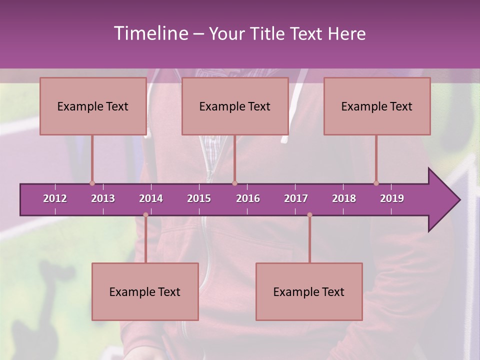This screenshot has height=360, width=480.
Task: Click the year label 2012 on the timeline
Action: tap(55, 198)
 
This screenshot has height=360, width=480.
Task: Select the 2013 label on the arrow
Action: tap(103, 198)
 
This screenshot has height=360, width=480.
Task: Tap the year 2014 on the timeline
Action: tap(151, 198)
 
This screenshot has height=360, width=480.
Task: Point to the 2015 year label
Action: tap(199, 198)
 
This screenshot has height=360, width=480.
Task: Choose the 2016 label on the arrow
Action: tap(248, 198)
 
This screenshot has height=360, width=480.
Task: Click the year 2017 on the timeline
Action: tap(296, 198)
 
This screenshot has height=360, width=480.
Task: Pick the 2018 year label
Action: tap(344, 198)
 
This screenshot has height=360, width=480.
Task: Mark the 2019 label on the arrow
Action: tap(392, 198)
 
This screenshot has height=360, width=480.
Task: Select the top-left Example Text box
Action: tap(93, 106)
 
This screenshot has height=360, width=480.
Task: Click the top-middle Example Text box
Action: tap(235, 106)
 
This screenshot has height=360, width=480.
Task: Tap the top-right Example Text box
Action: tap(377, 106)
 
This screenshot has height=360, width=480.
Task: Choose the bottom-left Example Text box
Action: tap(145, 292)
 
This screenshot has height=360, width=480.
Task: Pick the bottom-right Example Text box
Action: tap(309, 292)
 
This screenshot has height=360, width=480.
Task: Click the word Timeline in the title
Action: tap(150, 33)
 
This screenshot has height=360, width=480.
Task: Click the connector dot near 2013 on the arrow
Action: tap(92, 183)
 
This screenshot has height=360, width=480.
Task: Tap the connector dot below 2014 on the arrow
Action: tap(145, 215)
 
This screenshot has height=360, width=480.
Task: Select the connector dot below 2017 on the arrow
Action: tap(309, 215)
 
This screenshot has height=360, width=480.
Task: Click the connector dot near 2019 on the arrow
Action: tap(376, 183)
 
